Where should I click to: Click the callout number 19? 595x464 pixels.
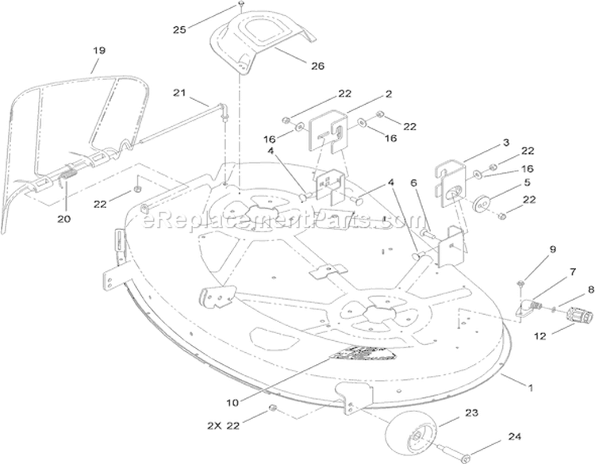[99, 51]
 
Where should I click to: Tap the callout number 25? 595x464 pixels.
[179, 29]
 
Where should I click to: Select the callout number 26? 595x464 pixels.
[317, 66]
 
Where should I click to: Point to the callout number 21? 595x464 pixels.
[179, 93]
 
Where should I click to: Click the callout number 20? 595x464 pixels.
[63, 219]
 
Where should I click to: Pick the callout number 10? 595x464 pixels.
[232, 403]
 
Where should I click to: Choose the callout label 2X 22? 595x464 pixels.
[224, 426]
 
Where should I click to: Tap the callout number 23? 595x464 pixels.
[471, 412]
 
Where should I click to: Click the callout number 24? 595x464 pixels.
[514, 437]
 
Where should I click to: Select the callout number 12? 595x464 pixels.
[540, 336]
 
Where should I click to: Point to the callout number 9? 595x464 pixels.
[552, 249]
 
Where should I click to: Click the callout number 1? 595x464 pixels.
[531, 388]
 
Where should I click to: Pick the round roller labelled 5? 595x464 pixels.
[482, 205]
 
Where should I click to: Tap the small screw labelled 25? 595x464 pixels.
[241, 5]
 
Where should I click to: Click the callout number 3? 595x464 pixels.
[506, 143]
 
